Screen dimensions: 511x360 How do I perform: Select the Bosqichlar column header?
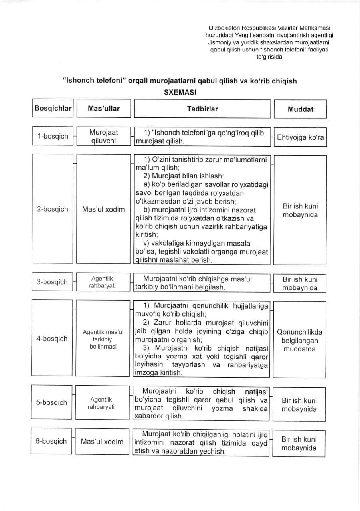click(53, 108)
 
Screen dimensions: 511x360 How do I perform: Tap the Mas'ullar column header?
click(103, 108)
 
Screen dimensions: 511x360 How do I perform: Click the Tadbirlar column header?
click(202, 109)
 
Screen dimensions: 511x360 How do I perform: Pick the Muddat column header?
click(300, 109)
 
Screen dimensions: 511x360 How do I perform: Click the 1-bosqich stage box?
click(53, 136)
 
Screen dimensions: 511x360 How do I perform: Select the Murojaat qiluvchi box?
click(103, 136)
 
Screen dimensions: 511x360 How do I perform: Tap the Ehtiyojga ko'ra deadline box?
click(300, 137)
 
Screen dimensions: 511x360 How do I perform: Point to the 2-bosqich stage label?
click(53, 209)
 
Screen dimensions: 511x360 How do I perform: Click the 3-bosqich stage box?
click(52, 282)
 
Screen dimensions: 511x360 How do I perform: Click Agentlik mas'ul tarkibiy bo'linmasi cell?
click(103, 339)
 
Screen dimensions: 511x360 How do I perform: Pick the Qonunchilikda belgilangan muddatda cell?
click(299, 340)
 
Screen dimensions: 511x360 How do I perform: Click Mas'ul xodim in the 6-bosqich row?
click(102, 441)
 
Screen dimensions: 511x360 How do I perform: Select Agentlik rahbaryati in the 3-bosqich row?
click(103, 282)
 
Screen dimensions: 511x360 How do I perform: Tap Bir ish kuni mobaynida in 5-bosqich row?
click(299, 404)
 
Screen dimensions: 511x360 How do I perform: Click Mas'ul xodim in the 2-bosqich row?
click(103, 209)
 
